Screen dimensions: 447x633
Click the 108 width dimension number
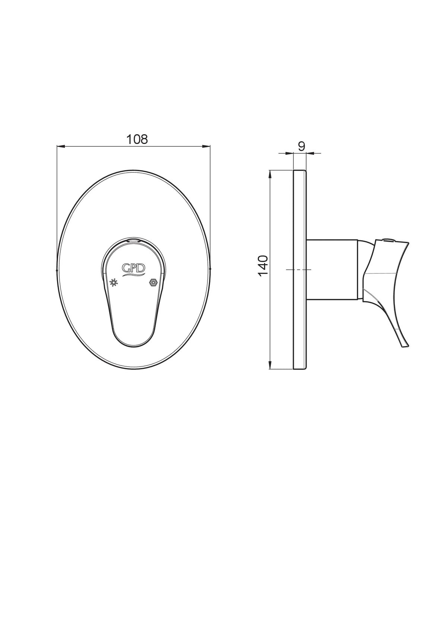137,139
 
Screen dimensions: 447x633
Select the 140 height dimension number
263,266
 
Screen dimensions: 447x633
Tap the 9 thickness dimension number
301,146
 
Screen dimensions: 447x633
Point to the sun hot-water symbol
114,282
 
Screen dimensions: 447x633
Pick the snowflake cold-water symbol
153,282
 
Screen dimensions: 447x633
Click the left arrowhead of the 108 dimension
61,146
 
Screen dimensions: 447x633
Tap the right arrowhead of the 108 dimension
206,146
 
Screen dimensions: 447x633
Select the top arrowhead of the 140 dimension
270,174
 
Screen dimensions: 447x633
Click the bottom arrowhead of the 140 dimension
270,365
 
